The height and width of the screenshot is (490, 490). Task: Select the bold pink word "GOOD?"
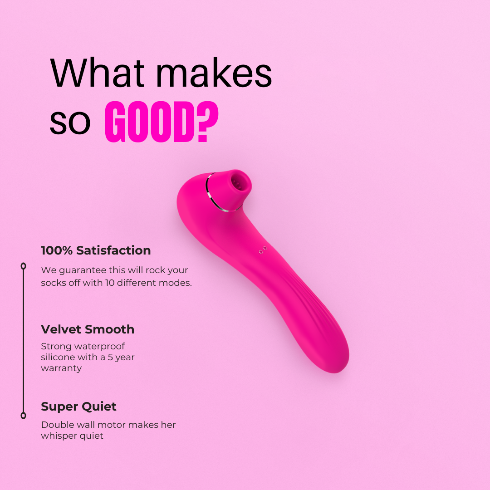point(161,122)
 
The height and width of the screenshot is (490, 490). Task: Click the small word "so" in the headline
point(70,123)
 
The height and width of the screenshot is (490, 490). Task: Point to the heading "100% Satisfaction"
point(96,250)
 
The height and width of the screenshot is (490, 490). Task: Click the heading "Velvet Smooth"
point(88,329)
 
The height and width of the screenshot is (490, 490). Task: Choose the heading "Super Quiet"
point(78,407)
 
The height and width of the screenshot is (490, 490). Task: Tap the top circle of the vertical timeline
point(24,266)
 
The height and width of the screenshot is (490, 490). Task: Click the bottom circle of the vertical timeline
point(24,416)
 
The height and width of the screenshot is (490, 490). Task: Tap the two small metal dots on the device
point(263,250)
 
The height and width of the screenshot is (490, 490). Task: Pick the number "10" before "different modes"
point(110,283)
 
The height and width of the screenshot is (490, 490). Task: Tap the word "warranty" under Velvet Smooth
point(61,368)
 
